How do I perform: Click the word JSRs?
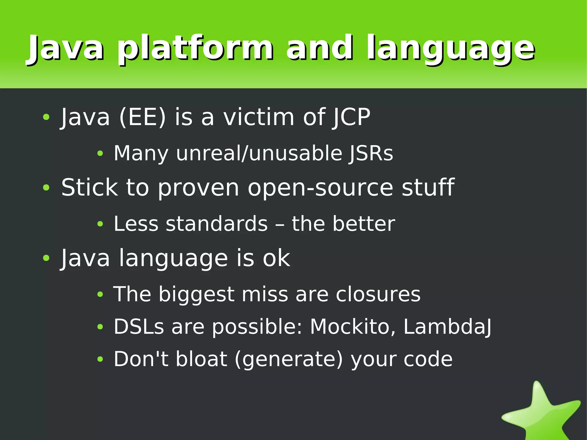click(x=371, y=153)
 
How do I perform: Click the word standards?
click(x=216, y=224)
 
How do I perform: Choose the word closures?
click(x=378, y=294)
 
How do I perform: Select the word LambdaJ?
click(x=447, y=327)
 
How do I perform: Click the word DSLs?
click(x=139, y=327)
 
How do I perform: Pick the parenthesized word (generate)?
click(x=288, y=359)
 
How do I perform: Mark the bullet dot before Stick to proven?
click(x=46, y=188)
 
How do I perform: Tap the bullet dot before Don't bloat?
click(x=100, y=359)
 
